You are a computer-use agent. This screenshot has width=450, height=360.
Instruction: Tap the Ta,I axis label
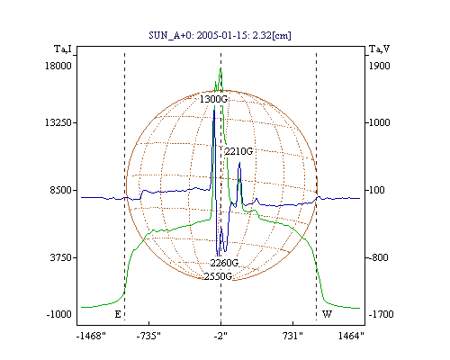click(63, 49)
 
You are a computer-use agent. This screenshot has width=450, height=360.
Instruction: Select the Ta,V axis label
click(379, 49)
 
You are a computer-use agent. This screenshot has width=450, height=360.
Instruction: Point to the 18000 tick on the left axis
click(58, 66)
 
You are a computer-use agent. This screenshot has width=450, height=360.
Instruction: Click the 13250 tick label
click(58, 122)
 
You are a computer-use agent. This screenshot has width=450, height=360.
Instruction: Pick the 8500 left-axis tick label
click(60, 190)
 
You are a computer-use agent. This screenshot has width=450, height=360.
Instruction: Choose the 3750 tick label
click(60, 257)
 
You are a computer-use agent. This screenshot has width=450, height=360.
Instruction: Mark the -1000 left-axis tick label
click(59, 314)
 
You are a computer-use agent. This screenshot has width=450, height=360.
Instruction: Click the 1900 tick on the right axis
click(380, 66)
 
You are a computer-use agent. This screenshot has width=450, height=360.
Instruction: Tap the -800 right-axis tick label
click(378, 257)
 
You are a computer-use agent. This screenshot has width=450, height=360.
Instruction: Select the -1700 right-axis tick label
click(381, 314)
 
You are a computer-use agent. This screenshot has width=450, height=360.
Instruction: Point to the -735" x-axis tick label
click(148, 336)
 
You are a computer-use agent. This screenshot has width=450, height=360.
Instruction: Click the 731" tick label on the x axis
click(292, 336)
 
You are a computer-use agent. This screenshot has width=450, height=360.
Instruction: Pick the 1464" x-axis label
click(351, 336)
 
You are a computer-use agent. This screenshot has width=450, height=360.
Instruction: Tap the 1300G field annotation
click(214, 99)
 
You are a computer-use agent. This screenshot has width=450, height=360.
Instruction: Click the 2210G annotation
click(238, 151)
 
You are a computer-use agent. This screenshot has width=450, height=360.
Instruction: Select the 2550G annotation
click(218, 276)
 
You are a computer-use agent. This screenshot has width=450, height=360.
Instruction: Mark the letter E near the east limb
click(118, 314)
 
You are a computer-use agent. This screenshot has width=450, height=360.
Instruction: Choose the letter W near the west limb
click(327, 314)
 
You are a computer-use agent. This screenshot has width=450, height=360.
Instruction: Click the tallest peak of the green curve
click(220, 68)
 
